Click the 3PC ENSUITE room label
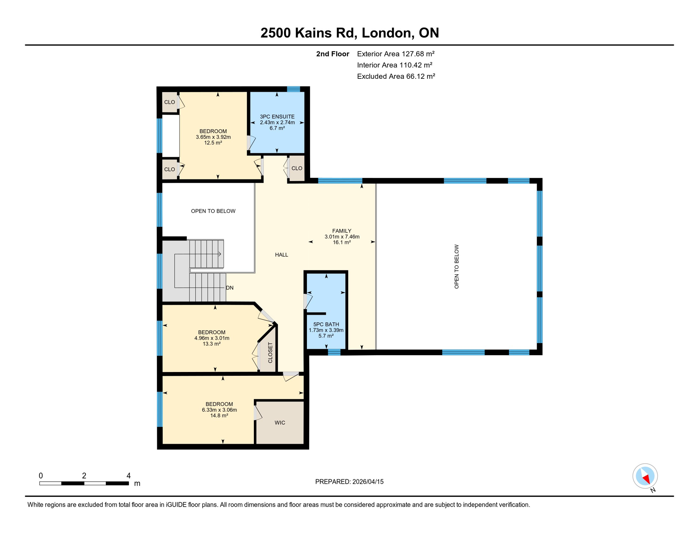[x=277, y=117]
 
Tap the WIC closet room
[x=280, y=423]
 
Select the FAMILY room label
[x=341, y=231]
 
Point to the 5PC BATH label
[x=326, y=324]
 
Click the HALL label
[x=281, y=255]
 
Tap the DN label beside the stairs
[x=230, y=288]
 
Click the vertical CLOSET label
[x=270, y=353]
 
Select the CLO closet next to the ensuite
[x=296, y=168]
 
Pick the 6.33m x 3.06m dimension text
[x=219, y=410]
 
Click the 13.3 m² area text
[x=211, y=344]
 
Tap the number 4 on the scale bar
[x=129, y=476]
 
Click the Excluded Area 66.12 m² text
[x=396, y=76]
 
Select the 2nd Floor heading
[x=332, y=54]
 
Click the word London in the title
[x=386, y=33]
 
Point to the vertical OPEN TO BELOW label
[x=456, y=266]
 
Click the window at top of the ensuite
[x=293, y=89]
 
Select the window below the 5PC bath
[x=334, y=352]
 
